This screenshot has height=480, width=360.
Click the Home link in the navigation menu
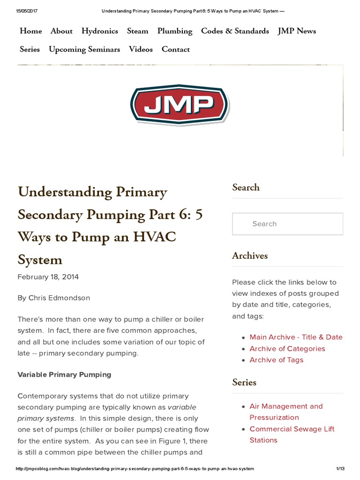coord(30,31)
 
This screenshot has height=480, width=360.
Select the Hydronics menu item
coord(99,31)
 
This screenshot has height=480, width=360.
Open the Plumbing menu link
coord(174,31)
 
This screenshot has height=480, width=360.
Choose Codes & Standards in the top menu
coord(235,31)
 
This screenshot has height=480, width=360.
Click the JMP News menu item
coord(297,31)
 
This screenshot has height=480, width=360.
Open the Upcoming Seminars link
coord(84,49)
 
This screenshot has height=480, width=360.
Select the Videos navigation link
coord(141,49)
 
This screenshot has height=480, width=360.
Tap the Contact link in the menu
coord(176,49)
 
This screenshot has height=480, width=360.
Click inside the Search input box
coord(287,224)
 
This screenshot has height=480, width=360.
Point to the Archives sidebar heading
coord(250,255)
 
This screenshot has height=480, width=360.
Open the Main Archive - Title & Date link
coord(296,337)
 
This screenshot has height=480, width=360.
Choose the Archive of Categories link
coord(287,349)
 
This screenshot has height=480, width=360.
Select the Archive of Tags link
coord(276,360)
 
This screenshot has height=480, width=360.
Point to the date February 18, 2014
coord(48,277)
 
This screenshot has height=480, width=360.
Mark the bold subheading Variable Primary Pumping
coord(64,375)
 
